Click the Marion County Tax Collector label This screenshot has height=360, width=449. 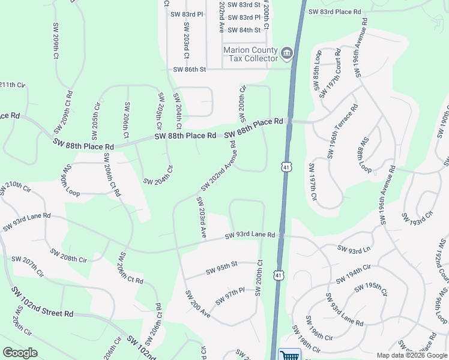250,54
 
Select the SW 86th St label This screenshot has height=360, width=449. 190,70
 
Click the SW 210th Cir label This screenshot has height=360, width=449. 16,188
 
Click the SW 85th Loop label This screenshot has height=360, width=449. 318,70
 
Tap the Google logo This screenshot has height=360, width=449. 20,353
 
